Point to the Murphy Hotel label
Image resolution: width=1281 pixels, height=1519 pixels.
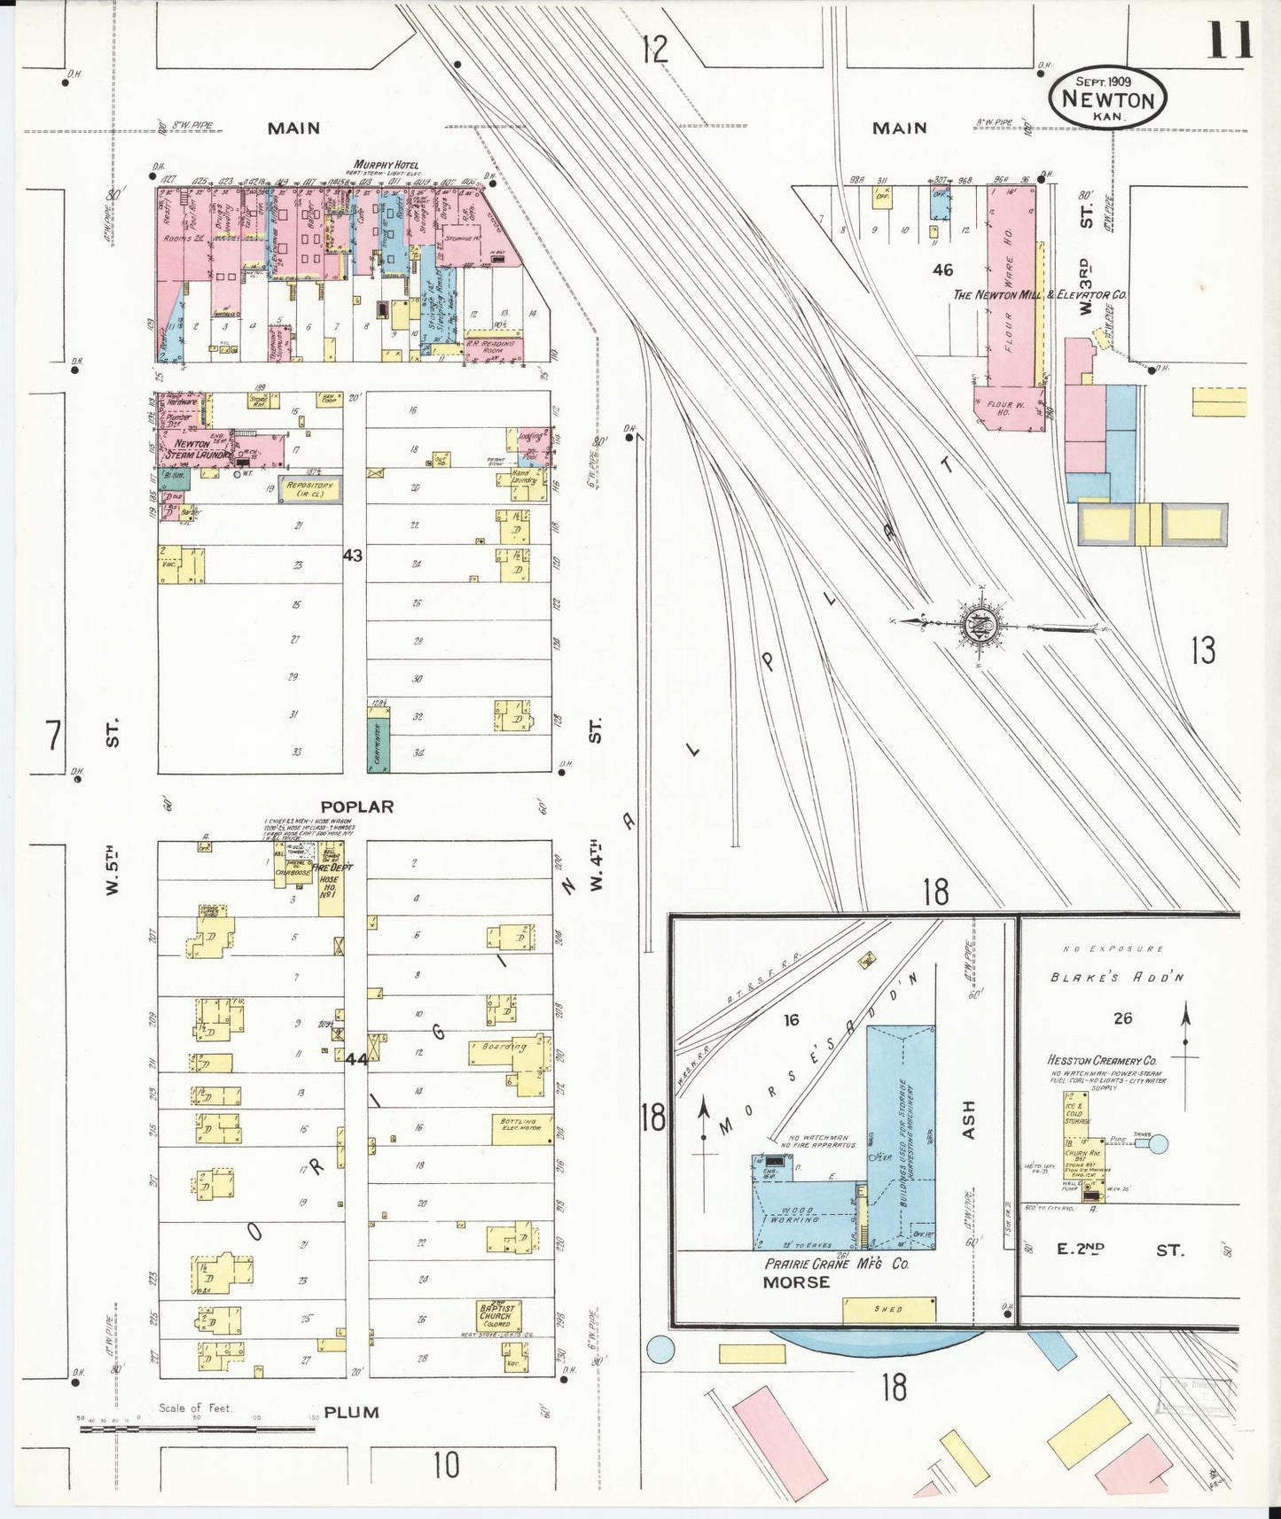pos(386,165)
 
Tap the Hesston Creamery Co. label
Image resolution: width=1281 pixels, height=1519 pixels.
pos(1102,1061)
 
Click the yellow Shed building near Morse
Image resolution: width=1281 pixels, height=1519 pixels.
pos(889,1309)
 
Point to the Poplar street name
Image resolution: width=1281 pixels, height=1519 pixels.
pos(357,806)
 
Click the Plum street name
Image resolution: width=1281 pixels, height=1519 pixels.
pos(351,1413)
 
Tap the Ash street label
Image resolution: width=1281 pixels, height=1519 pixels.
pos(967,1120)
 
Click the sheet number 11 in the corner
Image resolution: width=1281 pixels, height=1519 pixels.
pos(1227,40)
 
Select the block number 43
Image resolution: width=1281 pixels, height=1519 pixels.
pos(353,555)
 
